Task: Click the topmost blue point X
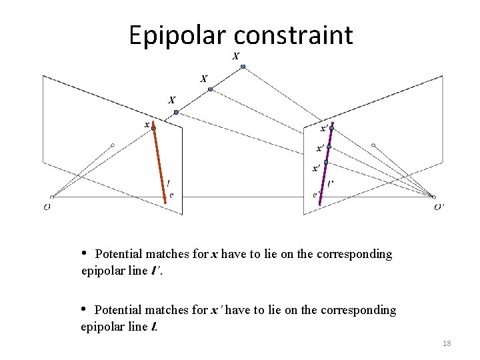tap(243, 67)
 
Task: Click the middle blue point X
tap(209, 88)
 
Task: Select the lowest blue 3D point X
tap(176, 113)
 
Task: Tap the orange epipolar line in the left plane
tap(159, 163)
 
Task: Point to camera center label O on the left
tap(47, 207)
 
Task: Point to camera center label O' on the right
tap(439, 207)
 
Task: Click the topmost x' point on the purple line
tap(331, 126)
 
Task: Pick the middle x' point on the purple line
tap(329, 147)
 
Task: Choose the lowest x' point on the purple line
tap(325, 162)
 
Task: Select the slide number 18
tap(447, 343)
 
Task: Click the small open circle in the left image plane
tap(113, 145)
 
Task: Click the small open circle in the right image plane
tap(373, 145)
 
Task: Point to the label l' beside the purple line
tap(331, 183)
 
